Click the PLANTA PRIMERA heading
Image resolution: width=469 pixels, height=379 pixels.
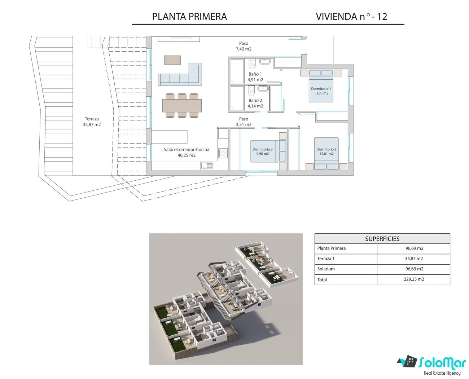pos(189,17)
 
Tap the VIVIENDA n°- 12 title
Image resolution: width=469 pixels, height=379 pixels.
pos(351,17)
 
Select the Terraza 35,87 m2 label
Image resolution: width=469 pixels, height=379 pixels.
pos(92,122)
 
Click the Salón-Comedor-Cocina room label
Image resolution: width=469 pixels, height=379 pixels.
pos(187,152)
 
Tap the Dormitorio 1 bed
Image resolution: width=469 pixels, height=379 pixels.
pos(321,86)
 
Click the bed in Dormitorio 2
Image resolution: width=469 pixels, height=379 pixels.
pos(326,154)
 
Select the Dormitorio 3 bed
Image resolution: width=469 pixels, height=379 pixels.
pos(268,151)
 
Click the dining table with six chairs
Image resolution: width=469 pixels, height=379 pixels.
pos(182,106)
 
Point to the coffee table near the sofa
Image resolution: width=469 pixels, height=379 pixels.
pos(172,60)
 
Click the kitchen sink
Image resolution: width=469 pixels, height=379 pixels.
pos(207,166)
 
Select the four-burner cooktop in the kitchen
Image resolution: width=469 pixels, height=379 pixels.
pos(223,153)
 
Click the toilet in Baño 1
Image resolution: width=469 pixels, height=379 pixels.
pos(252,63)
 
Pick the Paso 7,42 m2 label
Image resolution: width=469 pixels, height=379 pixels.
pos(244,46)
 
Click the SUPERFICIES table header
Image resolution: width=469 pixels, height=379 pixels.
pos(382,239)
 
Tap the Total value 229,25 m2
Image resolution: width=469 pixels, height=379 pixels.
pos(414,279)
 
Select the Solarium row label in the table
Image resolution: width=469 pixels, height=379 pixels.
pos(326,269)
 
